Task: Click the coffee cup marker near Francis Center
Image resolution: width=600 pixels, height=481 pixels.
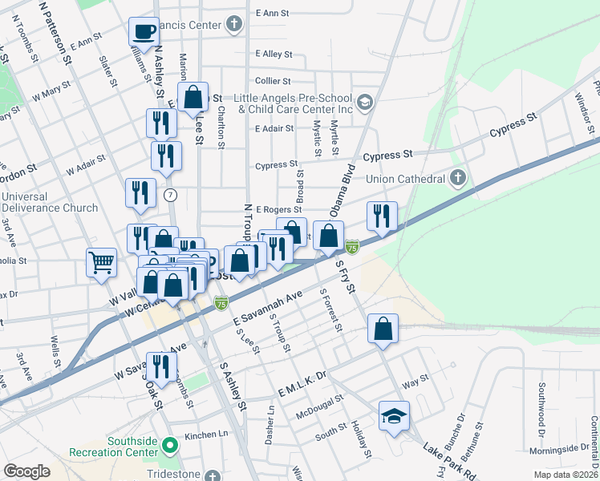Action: (144, 32)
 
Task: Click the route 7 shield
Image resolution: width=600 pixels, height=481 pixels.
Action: (169, 195)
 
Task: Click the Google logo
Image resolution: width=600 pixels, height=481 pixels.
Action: (27, 471)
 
